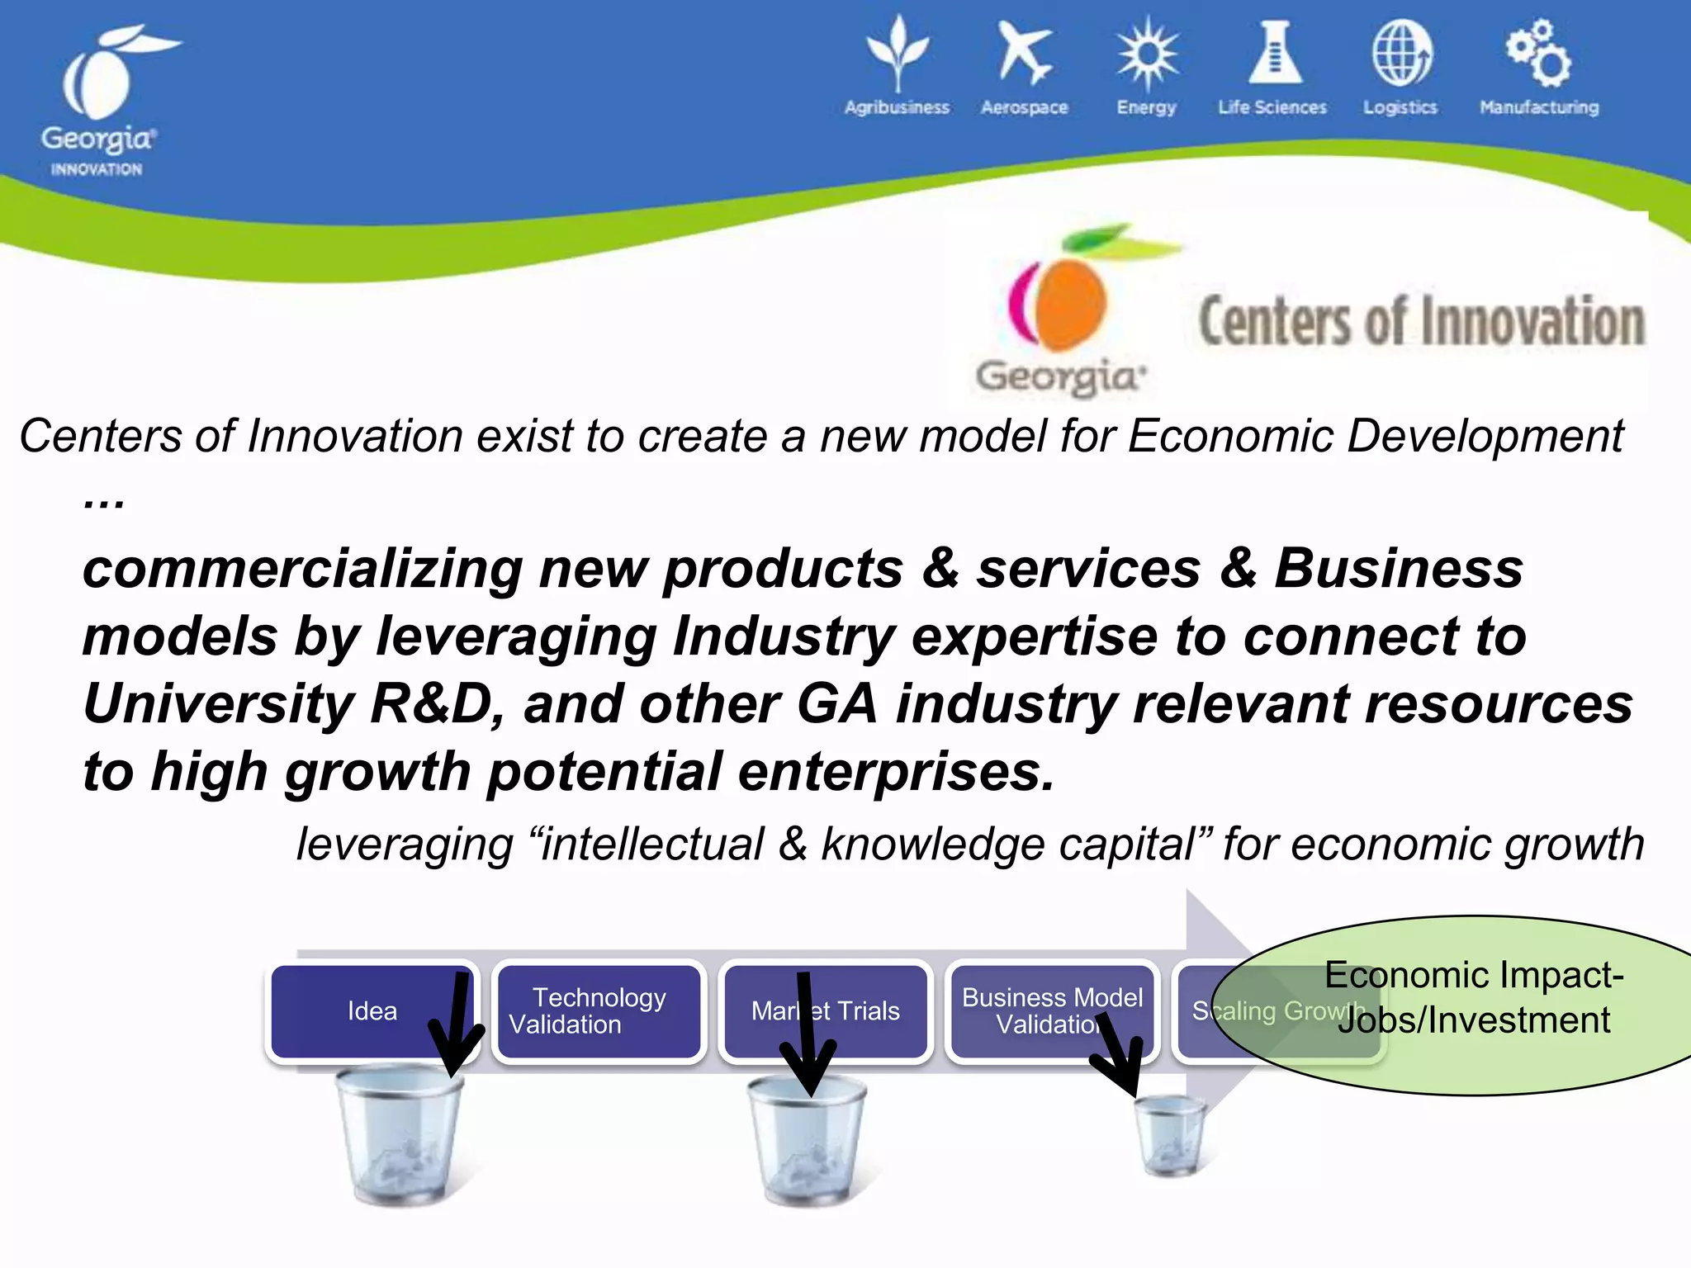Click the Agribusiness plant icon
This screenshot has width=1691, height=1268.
pos(898,54)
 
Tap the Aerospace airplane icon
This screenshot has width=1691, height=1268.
pos(1023,54)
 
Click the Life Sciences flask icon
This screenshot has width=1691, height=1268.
pos(1275,54)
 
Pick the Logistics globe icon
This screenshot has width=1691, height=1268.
pos(1401,54)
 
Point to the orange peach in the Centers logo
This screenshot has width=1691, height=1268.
pos(1065,301)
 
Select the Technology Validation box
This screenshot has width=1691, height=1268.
pos(599,1011)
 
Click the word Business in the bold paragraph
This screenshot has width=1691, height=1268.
pos(1398,570)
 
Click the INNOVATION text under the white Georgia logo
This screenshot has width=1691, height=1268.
pos(97,169)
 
